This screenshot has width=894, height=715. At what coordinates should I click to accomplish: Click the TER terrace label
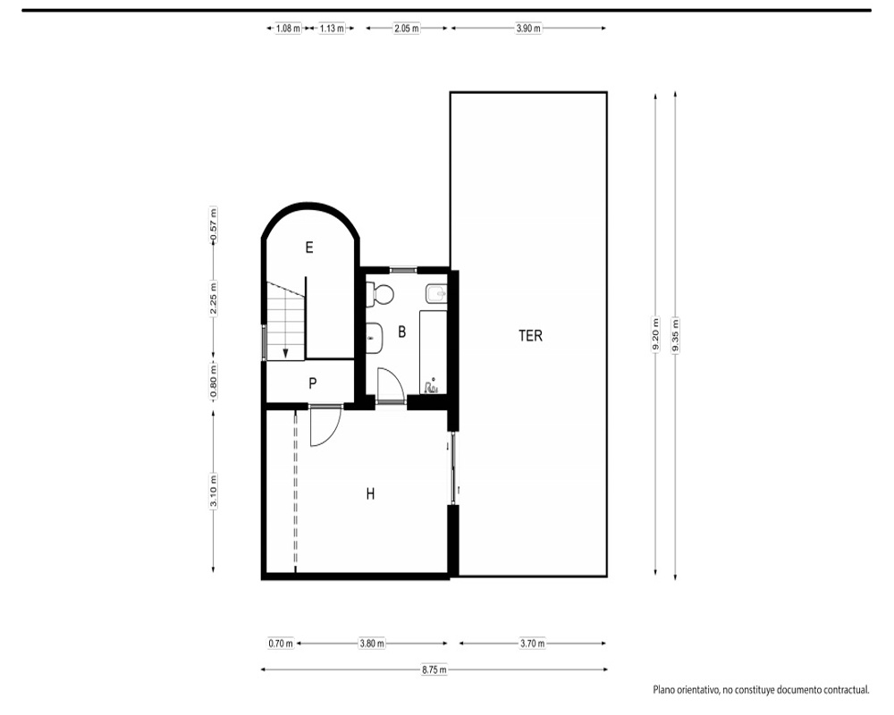pos(530,335)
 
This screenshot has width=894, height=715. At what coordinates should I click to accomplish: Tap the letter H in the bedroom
pos(371,493)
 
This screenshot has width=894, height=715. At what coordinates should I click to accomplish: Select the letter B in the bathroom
pos(402,332)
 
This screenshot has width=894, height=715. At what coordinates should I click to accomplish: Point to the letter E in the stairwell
pos(309,248)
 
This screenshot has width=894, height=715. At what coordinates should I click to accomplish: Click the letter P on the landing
pos(312,383)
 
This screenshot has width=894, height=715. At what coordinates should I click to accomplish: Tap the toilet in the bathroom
pos(380,294)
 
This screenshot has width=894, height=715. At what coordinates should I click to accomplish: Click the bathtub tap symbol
pos(431,387)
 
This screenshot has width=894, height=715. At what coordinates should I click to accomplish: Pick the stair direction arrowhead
pos(286,354)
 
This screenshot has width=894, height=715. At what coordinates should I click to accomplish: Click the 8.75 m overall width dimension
pos(434,670)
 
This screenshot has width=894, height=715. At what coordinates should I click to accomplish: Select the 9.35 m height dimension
pos(676,335)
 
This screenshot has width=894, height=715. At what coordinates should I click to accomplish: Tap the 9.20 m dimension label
pos(655,335)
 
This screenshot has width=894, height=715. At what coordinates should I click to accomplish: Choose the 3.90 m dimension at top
pos(528,28)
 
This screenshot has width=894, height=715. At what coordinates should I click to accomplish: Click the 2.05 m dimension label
pos(407,28)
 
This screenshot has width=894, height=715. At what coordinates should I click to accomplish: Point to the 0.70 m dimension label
pos(281,643)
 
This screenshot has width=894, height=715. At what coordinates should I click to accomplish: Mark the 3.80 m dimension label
pos(372,643)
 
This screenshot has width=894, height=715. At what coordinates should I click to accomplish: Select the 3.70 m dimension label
pos(533,643)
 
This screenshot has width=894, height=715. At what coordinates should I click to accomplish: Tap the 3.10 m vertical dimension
pos(214,491)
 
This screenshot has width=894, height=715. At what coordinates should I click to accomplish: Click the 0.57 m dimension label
pos(214,224)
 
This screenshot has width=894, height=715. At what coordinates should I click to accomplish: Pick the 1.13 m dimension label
pos(332,28)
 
